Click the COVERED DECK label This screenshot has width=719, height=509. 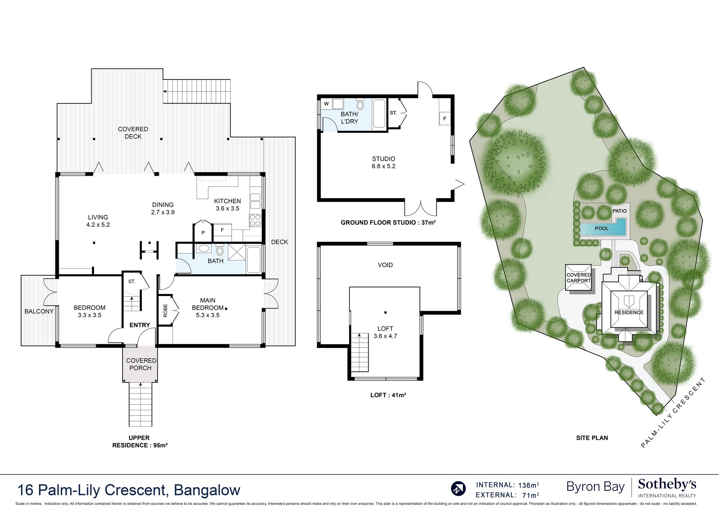click(133, 133)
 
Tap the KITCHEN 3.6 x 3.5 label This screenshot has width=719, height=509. click(227, 205)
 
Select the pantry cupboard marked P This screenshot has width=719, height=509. click(203, 232)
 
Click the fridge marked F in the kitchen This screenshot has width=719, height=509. click(222, 231)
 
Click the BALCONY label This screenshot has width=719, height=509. click(39, 311)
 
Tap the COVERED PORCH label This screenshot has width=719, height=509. click(141, 364)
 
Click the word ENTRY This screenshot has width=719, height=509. click(140, 325)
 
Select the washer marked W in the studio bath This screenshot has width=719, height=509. click(326, 104)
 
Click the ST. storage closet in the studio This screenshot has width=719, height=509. click(394, 113)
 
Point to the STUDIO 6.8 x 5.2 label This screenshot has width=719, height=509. click(383, 162)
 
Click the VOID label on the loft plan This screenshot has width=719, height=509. click(385, 265)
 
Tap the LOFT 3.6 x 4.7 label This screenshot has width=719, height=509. click(385, 332)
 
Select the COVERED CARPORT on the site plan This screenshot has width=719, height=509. click(578, 278)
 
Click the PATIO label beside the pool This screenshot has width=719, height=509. click(619, 211)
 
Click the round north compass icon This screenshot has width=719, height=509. click(458, 489)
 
